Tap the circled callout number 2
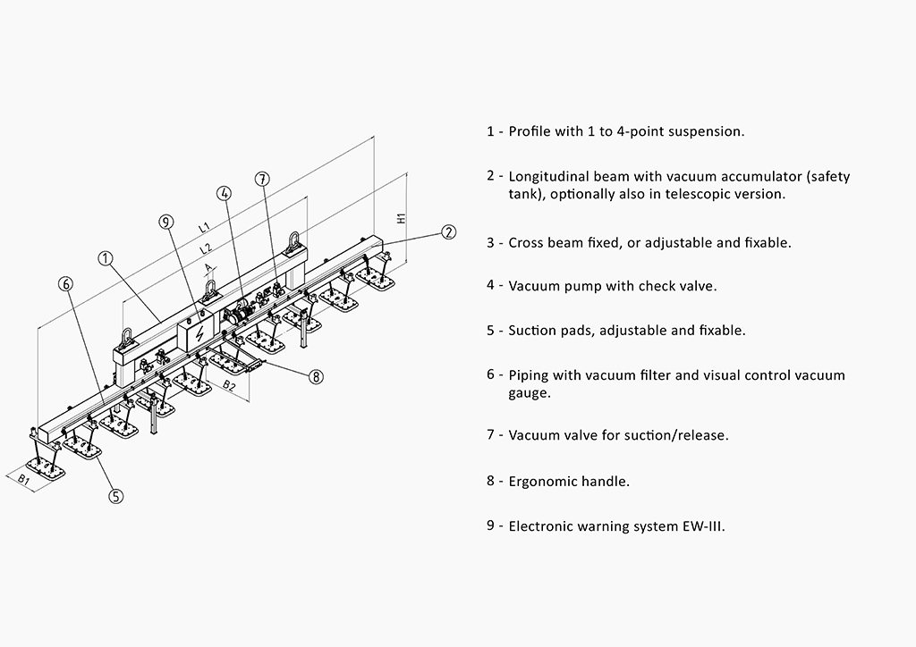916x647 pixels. pyautogui.click(x=448, y=232)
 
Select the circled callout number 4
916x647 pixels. pyautogui.click(x=224, y=193)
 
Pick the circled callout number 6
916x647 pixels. pyautogui.click(x=65, y=284)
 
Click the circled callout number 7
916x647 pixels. pyautogui.click(x=261, y=179)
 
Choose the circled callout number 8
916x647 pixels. pyautogui.click(x=316, y=377)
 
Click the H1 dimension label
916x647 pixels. pyautogui.click(x=402, y=216)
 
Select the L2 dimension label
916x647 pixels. pyautogui.click(x=205, y=247)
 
